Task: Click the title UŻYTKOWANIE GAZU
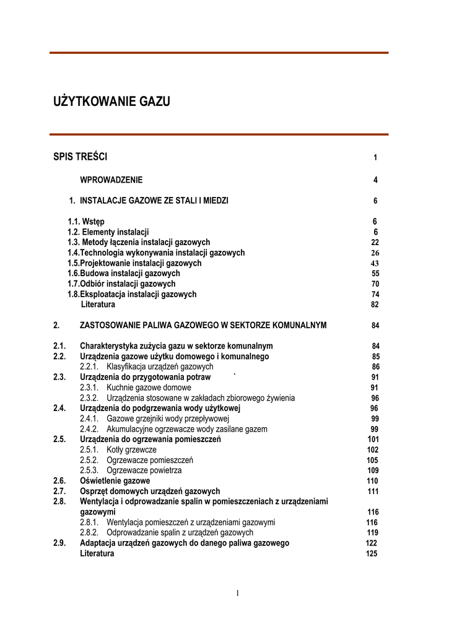(111, 102)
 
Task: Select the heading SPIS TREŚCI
(81, 157)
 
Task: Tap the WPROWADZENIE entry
(111, 180)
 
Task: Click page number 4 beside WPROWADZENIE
(375, 181)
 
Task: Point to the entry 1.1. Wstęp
(86, 222)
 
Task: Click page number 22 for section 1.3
(375, 243)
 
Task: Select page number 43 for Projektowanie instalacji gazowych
(375, 263)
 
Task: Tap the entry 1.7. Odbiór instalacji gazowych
(121, 284)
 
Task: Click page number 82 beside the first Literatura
(375, 305)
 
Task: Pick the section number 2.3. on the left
(59, 377)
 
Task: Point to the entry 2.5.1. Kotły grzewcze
(118, 449)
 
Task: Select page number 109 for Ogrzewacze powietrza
(372, 471)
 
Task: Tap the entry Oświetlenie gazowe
(115, 480)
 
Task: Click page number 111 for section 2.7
(373, 491)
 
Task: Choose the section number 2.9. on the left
(59, 543)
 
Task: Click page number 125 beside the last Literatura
(372, 554)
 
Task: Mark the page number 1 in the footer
(237, 593)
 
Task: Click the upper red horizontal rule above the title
(219, 53)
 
